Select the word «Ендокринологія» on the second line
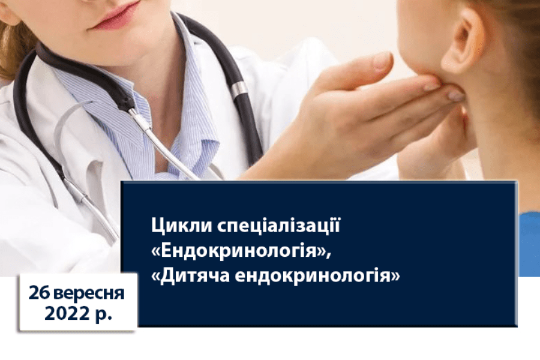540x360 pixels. pos(238,251)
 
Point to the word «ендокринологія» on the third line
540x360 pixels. pos(312,276)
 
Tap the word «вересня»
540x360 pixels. pos(89,294)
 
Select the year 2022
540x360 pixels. pos(66,314)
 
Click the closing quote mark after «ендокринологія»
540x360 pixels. pos(395,277)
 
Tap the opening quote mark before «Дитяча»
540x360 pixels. pos(155,277)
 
